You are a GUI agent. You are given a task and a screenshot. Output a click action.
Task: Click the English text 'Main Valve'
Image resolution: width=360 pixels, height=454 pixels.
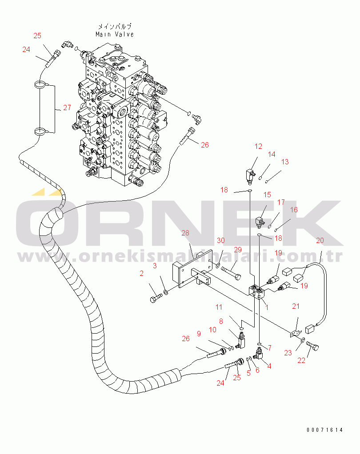pyautogui.click(x=115, y=34)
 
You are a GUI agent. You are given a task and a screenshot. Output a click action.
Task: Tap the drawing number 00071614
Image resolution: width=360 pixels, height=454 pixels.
pyautogui.click(x=324, y=430)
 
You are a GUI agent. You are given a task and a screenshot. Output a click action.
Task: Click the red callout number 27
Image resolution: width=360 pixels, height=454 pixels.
pyautogui.click(x=67, y=108)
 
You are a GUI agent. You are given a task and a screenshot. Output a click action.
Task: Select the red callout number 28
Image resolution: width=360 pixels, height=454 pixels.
pyautogui.click(x=185, y=233)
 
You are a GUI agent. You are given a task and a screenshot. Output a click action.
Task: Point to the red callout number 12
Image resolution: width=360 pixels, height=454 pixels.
pyautogui.click(x=258, y=146)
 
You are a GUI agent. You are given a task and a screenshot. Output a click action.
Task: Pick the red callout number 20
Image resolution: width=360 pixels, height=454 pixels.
pyautogui.click(x=320, y=240)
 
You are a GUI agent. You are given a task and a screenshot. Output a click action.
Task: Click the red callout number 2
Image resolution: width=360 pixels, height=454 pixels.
pyautogui.click(x=141, y=273)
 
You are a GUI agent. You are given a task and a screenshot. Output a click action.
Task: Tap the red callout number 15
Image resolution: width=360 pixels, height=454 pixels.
pyautogui.click(x=267, y=195)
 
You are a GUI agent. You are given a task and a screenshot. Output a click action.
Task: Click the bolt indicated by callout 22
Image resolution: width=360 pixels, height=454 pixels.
pyautogui.click(x=312, y=346)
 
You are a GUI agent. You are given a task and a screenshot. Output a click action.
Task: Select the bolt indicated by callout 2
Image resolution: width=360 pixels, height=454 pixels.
pyautogui.click(x=156, y=298)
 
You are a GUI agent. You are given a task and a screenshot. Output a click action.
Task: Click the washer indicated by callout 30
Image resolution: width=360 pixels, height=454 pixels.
pyautogui.click(x=218, y=265)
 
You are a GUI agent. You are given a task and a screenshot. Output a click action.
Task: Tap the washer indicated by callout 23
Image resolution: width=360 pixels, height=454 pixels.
pyautogui.click(x=303, y=339)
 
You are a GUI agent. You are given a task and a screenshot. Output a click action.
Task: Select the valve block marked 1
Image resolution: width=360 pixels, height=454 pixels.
pyautogui.click(x=257, y=292)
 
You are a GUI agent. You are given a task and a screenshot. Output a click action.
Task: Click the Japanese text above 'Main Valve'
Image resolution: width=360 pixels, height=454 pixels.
pyautogui.click(x=115, y=27)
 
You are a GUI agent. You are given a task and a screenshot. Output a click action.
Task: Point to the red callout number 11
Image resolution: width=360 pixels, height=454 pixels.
pyautogui.click(x=219, y=307)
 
